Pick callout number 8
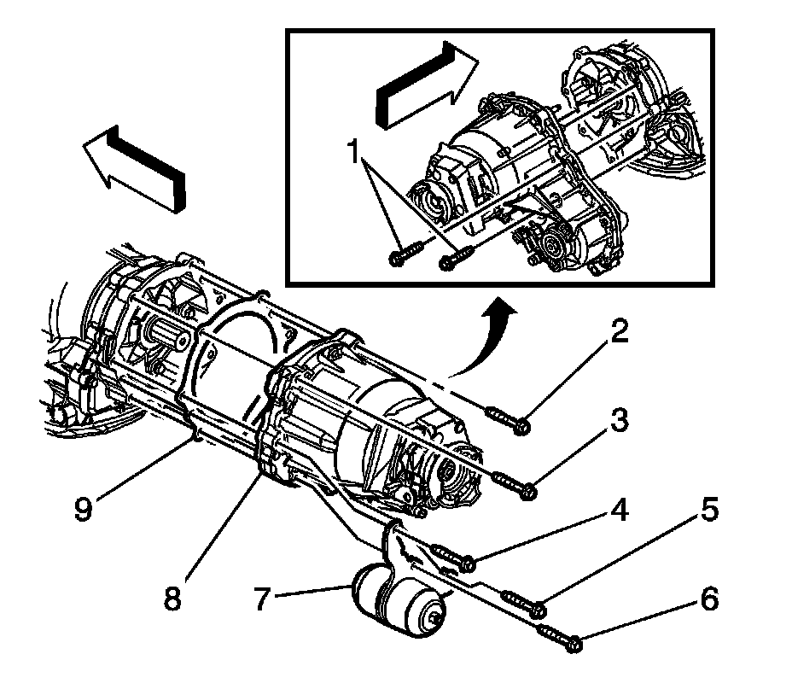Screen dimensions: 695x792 pyautogui.click(x=173, y=597)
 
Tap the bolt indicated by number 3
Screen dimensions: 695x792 pyautogui.click(x=514, y=484)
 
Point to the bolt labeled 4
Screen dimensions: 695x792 pyautogui.click(x=455, y=556)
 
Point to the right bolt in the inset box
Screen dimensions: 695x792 pyautogui.click(x=456, y=256)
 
